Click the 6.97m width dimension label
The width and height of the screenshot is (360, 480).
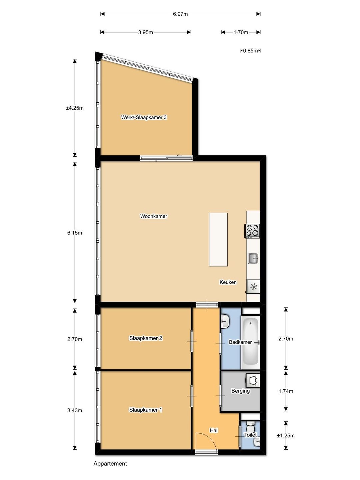click(180, 14)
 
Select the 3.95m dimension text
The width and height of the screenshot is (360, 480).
click(146, 32)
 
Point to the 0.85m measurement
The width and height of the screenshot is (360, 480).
click(250, 51)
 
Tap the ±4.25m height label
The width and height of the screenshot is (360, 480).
click(75, 108)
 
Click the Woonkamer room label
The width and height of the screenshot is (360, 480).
click(154, 216)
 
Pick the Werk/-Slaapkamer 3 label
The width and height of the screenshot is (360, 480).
click(144, 117)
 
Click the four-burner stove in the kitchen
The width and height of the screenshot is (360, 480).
click(252, 231)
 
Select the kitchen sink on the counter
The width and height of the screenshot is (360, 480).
click(253, 258)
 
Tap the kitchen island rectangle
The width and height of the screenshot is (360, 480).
click(218, 239)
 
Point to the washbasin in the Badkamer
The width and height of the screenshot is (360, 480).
click(225, 321)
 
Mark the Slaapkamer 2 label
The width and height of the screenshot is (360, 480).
click(146, 338)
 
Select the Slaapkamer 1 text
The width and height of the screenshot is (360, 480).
click(146, 410)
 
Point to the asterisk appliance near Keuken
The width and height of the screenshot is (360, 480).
click(253, 287)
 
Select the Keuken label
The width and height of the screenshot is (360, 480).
click(228, 282)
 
